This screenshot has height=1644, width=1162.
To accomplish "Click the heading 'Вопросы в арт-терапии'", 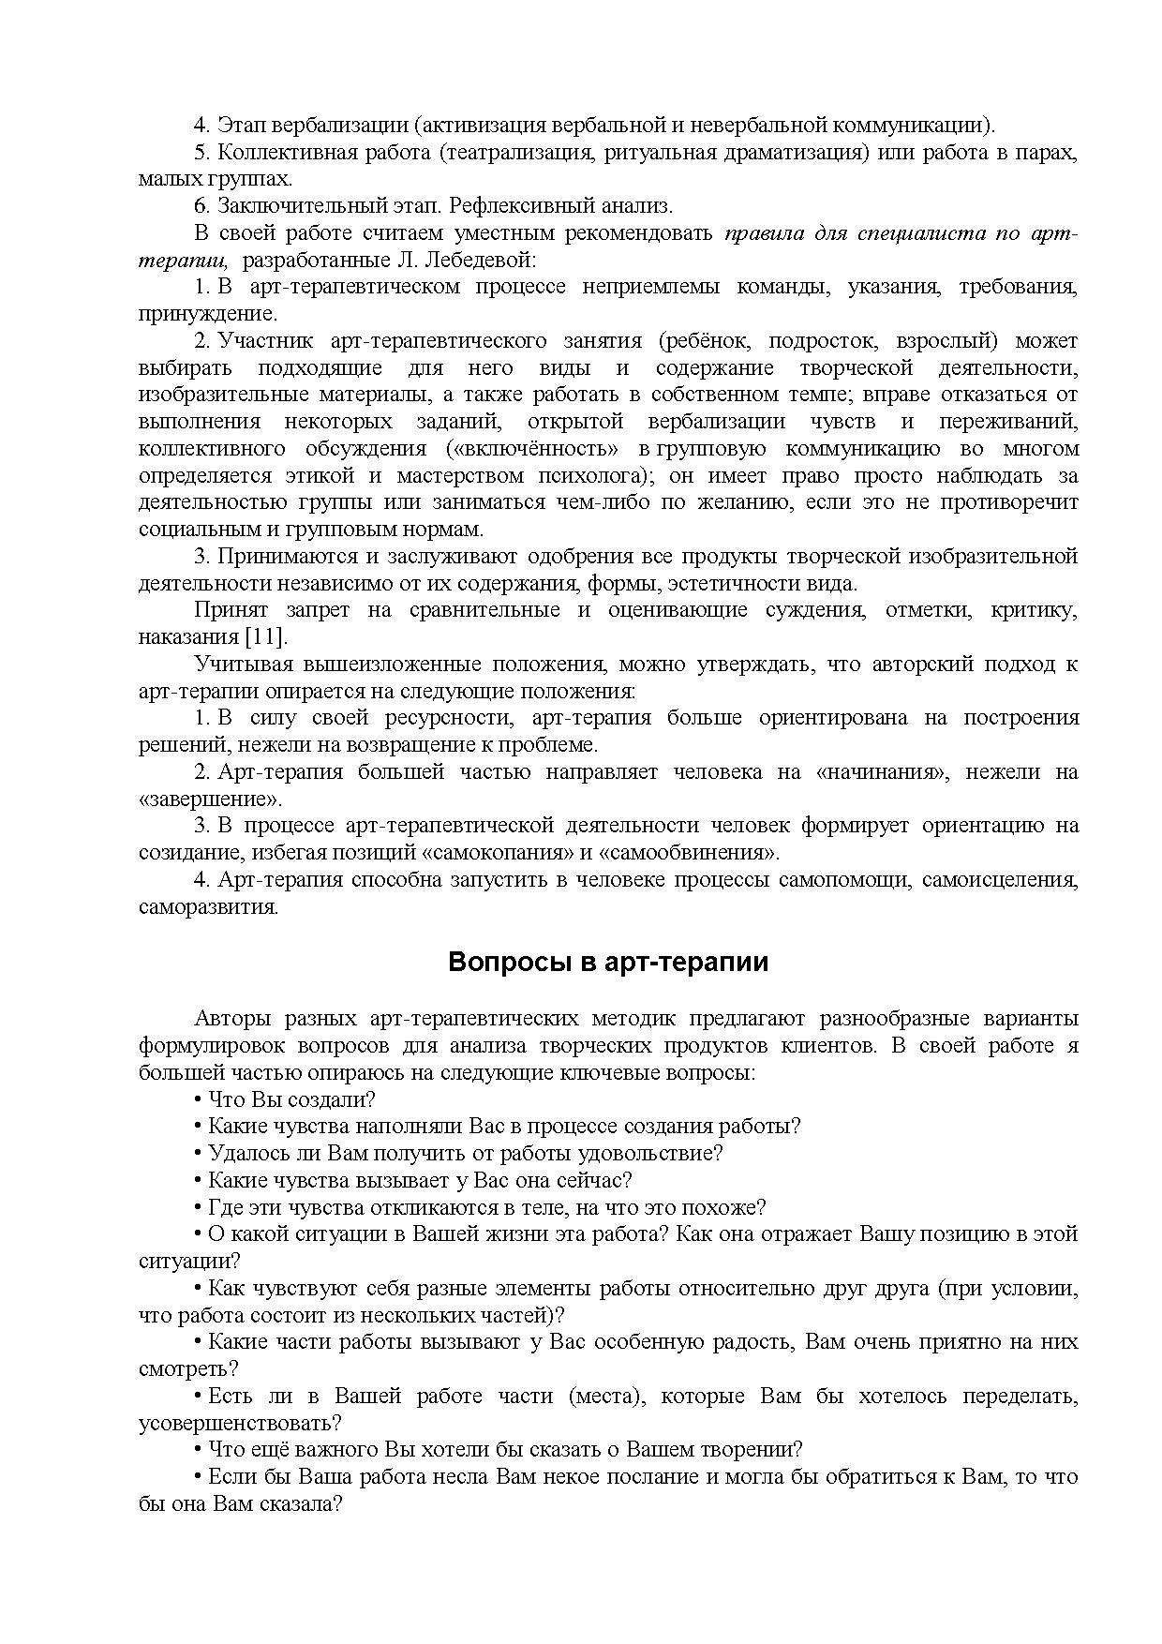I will tap(608, 963).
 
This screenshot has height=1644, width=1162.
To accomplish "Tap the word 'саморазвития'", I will tap(208, 907).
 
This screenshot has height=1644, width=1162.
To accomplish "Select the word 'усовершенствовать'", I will tap(239, 1423).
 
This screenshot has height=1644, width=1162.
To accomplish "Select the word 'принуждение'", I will tap(207, 313).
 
